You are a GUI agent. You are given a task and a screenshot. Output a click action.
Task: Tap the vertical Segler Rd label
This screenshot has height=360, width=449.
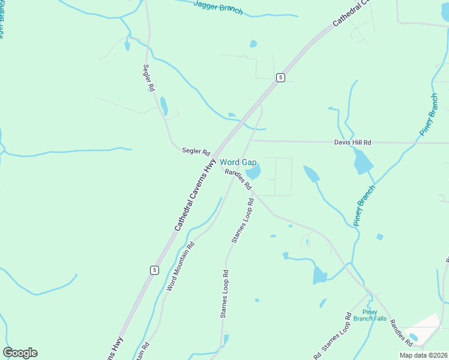click(148, 77)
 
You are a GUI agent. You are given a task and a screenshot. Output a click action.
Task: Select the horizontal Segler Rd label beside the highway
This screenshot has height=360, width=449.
click(196, 152)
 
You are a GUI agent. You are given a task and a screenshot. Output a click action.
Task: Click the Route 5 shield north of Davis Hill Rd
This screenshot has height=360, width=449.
click(280, 77)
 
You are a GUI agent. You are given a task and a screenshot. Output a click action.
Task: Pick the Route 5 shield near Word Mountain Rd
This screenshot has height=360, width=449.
click(154, 270)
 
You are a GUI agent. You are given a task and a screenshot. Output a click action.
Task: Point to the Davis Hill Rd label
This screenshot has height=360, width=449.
click(352, 142)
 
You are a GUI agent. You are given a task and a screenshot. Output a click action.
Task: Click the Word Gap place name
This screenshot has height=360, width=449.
click(238, 162)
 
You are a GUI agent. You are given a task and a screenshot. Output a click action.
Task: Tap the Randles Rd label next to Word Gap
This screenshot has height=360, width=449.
click(238, 179)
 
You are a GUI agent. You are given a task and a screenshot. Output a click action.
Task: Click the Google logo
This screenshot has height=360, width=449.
click(20, 353)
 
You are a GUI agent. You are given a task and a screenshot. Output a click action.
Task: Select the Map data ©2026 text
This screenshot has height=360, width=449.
click(423, 355)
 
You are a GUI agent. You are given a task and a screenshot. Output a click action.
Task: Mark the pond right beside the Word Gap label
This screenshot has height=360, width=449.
click(253, 173)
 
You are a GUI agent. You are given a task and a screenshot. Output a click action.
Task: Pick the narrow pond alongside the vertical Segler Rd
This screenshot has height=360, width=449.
click(163, 106)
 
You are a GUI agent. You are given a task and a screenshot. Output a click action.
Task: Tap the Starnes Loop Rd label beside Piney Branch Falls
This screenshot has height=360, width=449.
click(336, 334)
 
